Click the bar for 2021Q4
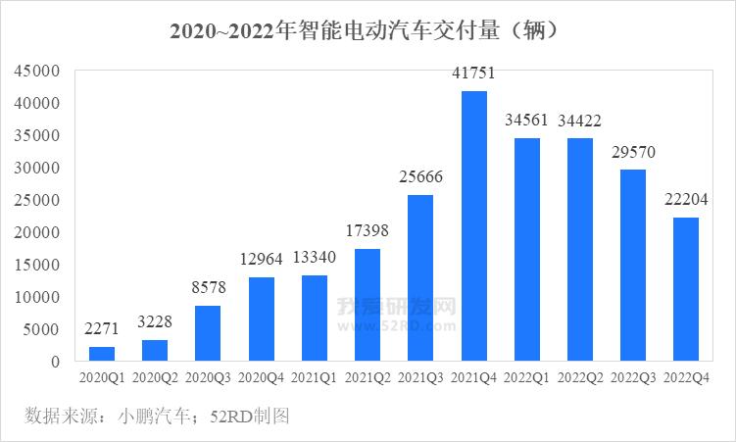coord(474,226)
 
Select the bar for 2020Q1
coord(102,354)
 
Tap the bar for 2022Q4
coord(686,289)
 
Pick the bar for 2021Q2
coord(368,305)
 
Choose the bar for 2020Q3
coord(208,333)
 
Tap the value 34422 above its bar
coord(580,122)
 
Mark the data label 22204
coord(686,201)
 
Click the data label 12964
coord(262,260)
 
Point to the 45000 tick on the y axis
coord(37,71)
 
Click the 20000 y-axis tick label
coord(37,232)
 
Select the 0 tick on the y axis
coord(56,362)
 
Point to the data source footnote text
coord(157,417)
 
